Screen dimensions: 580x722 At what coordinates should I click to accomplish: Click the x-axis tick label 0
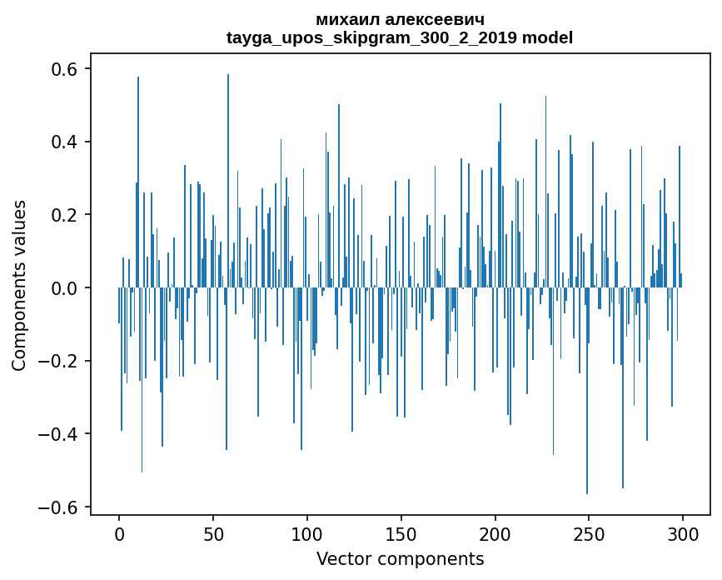[119, 532]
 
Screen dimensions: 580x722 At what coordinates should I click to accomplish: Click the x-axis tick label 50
[213, 532]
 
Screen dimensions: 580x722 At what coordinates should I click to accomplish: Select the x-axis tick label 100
[307, 532]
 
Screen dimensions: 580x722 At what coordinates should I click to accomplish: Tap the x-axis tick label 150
[401, 532]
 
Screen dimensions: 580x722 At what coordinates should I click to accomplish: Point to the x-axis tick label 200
[495, 532]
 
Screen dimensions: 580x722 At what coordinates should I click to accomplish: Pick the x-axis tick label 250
[589, 532]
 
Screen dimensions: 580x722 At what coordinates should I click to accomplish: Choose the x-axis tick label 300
[683, 532]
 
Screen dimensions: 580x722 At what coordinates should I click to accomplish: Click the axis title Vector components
[400, 559]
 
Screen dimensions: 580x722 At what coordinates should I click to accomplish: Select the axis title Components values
[19, 285]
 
